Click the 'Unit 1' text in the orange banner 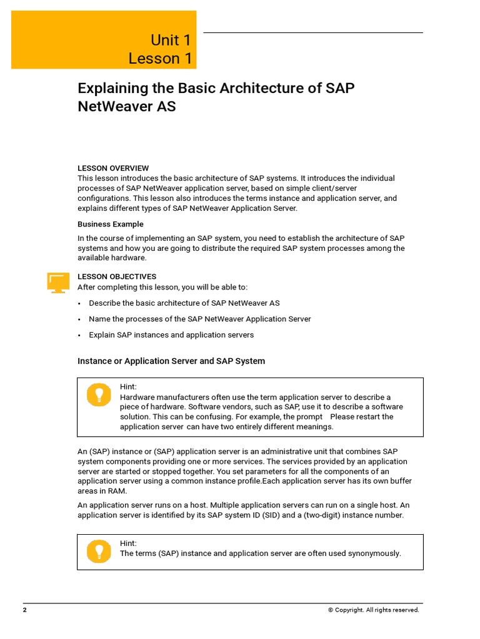pos(171,41)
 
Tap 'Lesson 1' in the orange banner pos(160,59)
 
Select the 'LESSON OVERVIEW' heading pos(113,168)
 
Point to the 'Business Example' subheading pos(111,224)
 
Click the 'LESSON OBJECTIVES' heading pos(117,276)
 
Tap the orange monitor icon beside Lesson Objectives pos(58,282)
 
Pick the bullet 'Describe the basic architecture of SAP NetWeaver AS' pos(184,303)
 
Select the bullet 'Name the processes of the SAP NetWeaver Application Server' pos(200,319)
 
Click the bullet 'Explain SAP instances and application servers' pos(171,335)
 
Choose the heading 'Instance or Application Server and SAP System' pos(171,361)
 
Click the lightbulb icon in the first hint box pos(98,395)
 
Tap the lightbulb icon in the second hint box pos(98,550)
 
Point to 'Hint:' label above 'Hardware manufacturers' pos(128,387)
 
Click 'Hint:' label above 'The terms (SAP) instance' pos(128,544)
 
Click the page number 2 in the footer pos(25,610)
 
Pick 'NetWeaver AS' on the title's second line pos(127,107)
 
